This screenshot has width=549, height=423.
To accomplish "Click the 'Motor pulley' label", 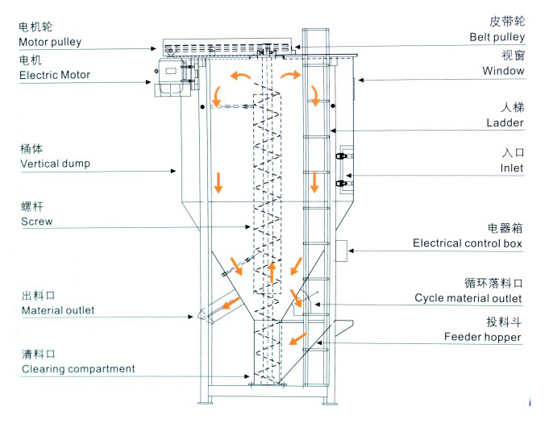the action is [50, 42].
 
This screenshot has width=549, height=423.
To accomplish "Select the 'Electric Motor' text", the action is [55, 75].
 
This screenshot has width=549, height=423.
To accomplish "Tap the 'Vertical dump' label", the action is [55, 164].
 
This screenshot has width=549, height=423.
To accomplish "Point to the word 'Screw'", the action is [37, 222].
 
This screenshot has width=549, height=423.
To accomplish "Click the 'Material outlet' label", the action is [58, 310].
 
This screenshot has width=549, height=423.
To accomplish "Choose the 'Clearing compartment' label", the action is [78, 369].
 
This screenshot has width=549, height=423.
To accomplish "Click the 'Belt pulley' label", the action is [497, 37].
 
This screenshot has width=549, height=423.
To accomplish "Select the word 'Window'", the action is [503, 71].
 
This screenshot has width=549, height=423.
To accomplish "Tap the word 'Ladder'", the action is [505, 122].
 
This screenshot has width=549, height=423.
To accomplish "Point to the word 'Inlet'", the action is [512, 168].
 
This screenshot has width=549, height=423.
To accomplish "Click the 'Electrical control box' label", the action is [468, 243].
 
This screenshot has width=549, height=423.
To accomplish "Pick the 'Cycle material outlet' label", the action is [468, 298].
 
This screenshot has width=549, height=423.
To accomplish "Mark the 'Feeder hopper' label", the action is [482, 337].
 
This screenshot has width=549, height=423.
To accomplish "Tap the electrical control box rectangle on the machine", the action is [341, 251].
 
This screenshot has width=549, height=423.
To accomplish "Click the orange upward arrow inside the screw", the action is [272, 272].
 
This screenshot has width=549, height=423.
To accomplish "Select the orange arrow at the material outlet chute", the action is [231, 303].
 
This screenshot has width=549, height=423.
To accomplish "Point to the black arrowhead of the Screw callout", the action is [247, 226].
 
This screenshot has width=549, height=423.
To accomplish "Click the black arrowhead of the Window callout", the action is [361, 80].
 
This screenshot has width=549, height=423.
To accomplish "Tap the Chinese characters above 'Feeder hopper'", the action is [504, 322].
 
